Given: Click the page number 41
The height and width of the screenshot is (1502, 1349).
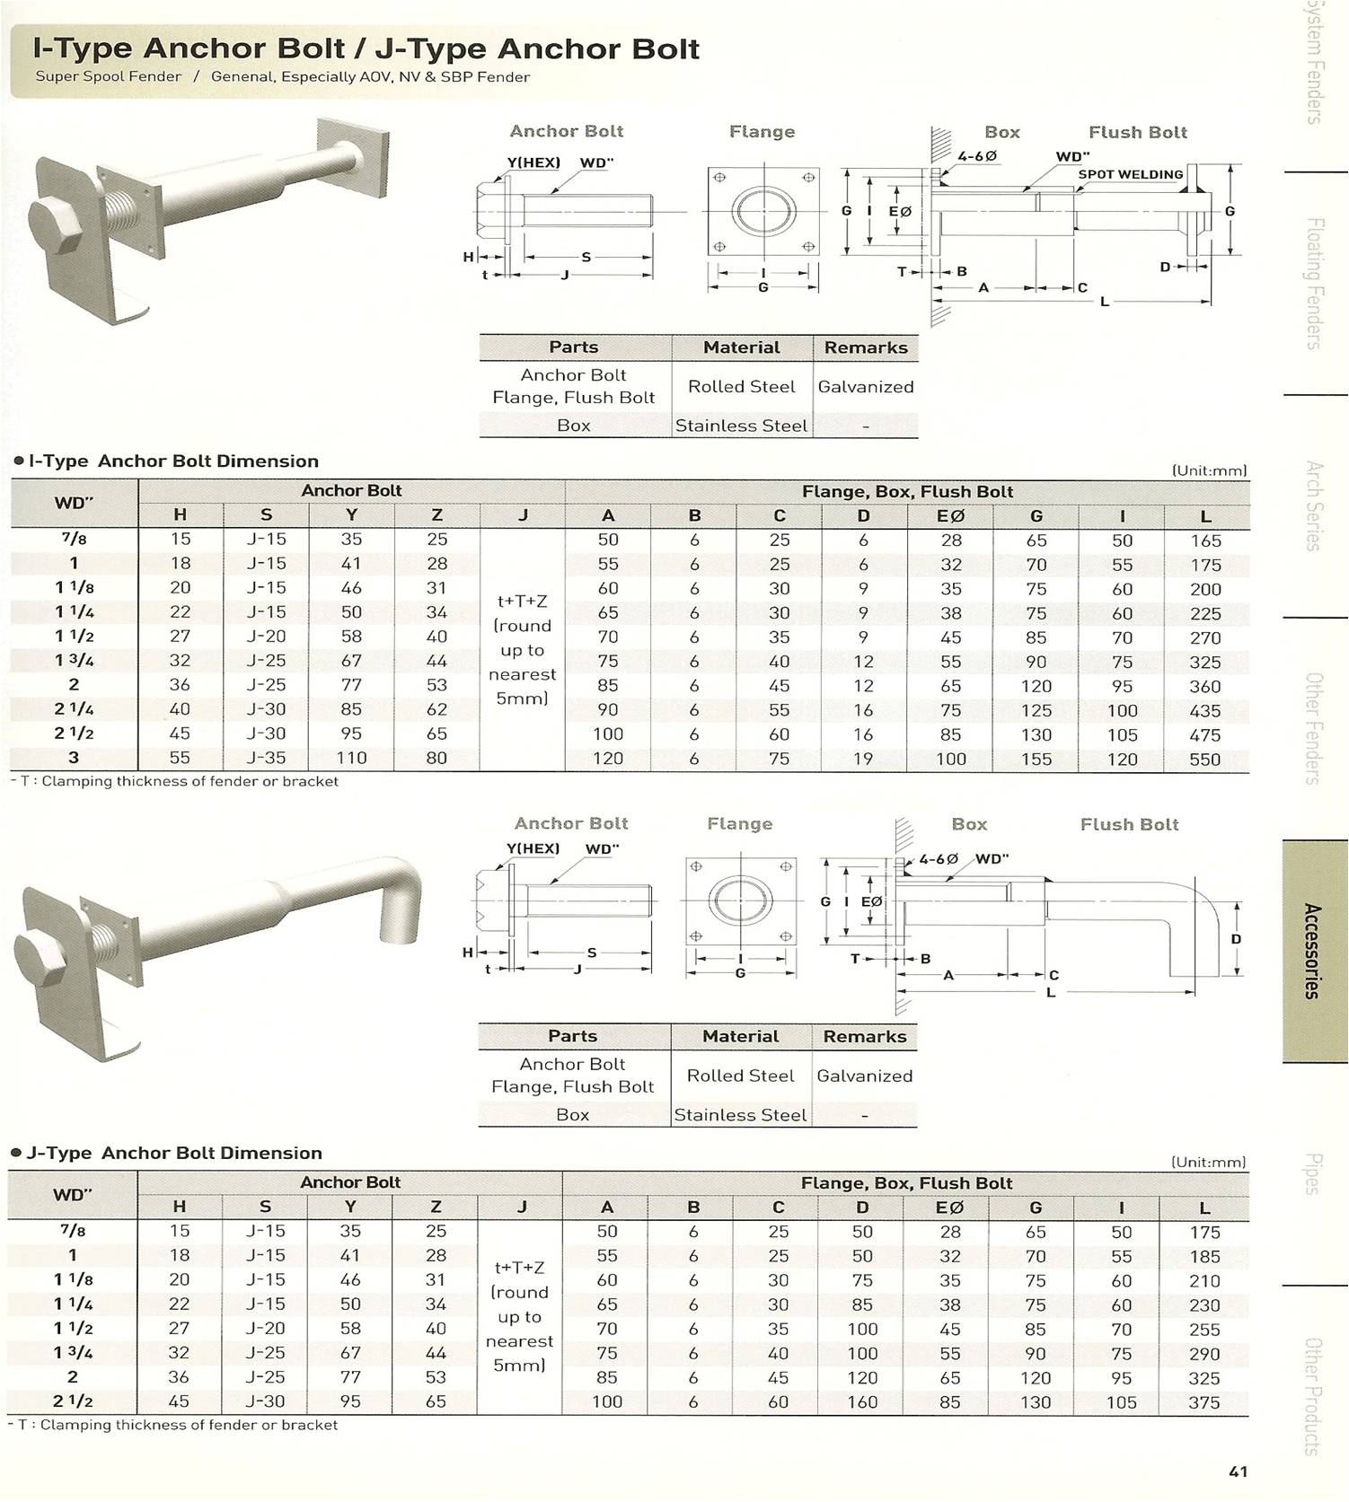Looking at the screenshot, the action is point(1238,1471).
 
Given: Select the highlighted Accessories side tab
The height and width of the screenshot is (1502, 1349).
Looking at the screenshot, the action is point(1314,951).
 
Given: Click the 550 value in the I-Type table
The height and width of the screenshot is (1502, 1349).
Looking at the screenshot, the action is point(1204,759).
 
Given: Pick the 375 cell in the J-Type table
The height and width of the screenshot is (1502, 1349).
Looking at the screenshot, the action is point(1204,1402).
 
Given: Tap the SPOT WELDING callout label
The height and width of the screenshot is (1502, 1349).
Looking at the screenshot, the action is point(1131,174).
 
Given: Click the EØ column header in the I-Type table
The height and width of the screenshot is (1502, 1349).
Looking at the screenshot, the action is point(950,515).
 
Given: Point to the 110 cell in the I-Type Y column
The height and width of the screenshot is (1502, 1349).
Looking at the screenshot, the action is point(351,758).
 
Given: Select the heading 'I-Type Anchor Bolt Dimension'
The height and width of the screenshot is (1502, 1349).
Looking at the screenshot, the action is point(173,461).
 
